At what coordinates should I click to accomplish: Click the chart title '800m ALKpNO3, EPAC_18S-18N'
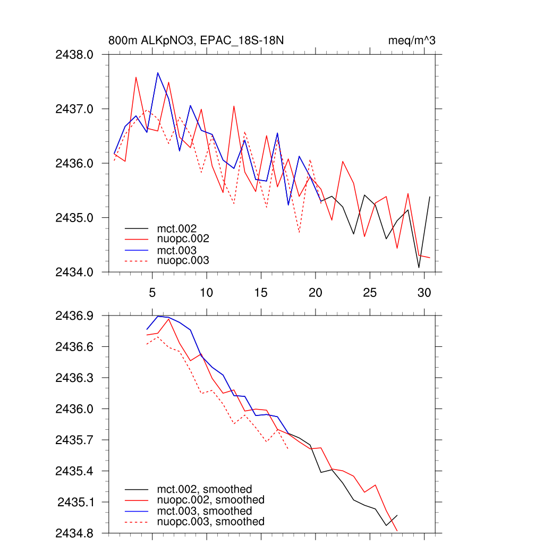click(x=199, y=41)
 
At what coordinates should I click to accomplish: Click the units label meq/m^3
click(x=412, y=41)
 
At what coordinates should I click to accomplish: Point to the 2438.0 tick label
click(x=74, y=54)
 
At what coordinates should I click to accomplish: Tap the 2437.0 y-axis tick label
click(x=74, y=109)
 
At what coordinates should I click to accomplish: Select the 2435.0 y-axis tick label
click(x=74, y=218)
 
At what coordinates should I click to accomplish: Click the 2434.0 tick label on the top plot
click(x=74, y=272)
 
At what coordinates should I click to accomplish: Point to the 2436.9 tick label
click(x=74, y=316)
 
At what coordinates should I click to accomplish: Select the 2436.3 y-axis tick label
click(x=74, y=378)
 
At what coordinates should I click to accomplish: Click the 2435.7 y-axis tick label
click(x=74, y=440)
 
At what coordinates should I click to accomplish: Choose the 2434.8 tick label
click(x=74, y=533)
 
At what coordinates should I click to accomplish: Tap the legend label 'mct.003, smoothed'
click(x=204, y=511)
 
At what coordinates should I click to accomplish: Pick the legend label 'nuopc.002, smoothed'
click(x=210, y=500)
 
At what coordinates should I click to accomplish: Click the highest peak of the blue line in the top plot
click(x=158, y=73)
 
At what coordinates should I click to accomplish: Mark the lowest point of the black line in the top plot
click(x=419, y=267)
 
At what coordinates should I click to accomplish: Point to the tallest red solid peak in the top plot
click(x=136, y=77)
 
